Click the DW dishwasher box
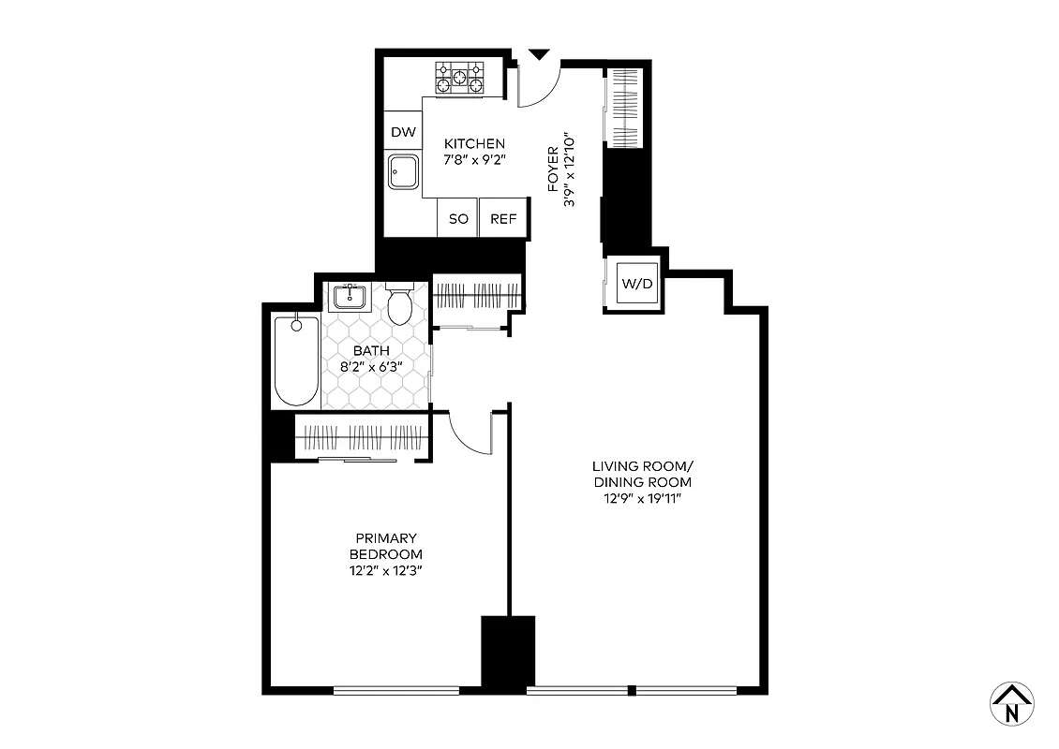pyautogui.click(x=403, y=132)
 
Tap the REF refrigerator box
pyautogui.click(x=503, y=219)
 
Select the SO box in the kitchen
pyautogui.click(x=458, y=219)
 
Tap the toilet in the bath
pyautogui.click(x=401, y=304)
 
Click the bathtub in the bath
pyautogui.click(x=296, y=360)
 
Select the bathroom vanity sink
pyautogui.click(x=349, y=298)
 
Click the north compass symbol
pyautogui.click(x=1011, y=702)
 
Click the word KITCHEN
pyautogui.click(x=474, y=143)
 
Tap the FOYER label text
pyautogui.click(x=553, y=169)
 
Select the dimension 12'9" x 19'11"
pyautogui.click(x=642, y=498)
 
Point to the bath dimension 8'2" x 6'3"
pyautogui.click(x=371, y=366)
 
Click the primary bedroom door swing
pyautogui.click(x=471, y=433)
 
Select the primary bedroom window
pyautogui.click(x=395, y=691)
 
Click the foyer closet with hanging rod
pyautogui.click(x=624, y=108)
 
